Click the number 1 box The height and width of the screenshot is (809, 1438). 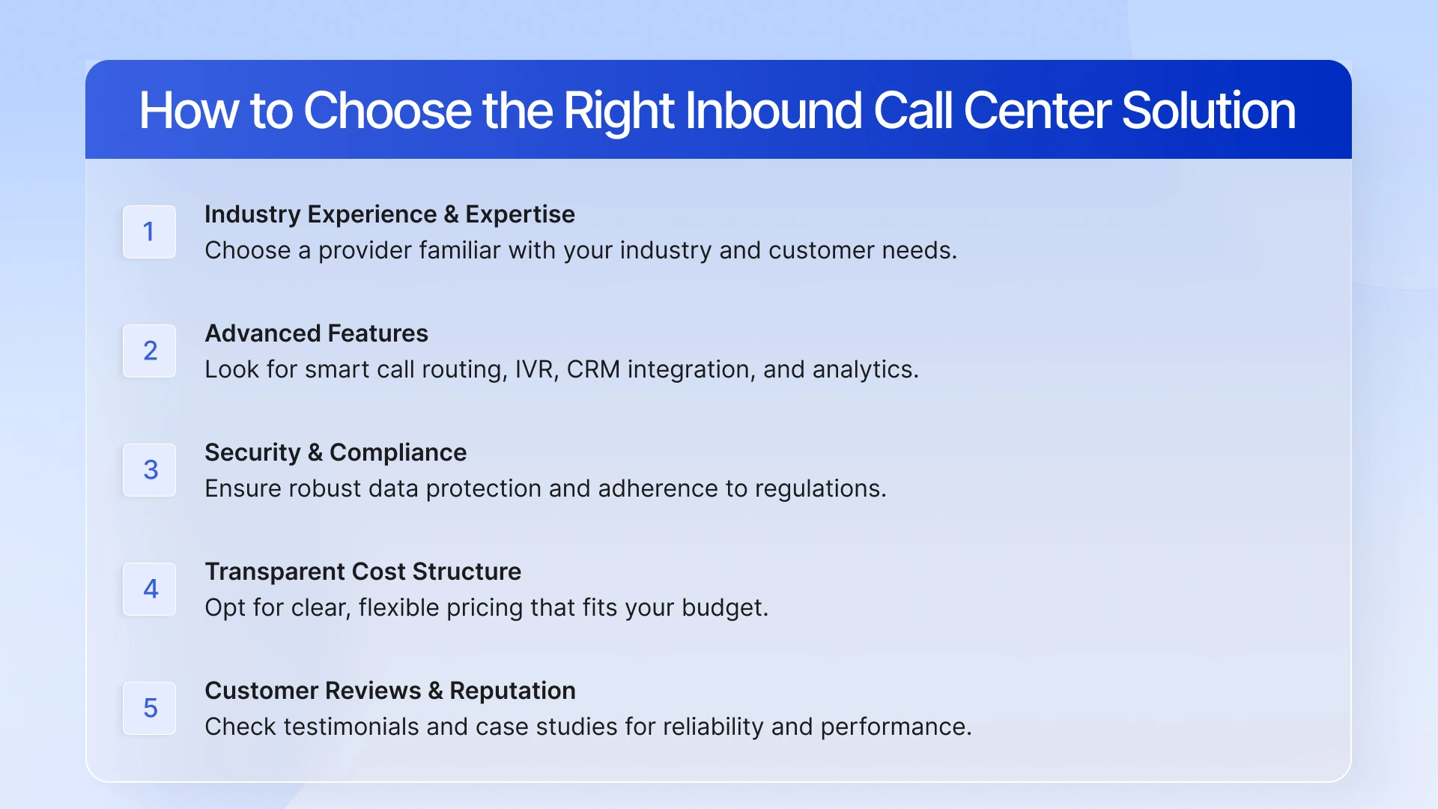(x=149, y=231)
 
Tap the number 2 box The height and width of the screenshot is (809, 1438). (x=149, y=351)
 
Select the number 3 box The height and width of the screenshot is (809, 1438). (x=149, y=470)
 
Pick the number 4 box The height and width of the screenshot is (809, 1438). (x=149, y=589)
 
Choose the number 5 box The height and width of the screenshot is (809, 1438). (x=149, y=708)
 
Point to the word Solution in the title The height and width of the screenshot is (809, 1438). (x=1208, y=111)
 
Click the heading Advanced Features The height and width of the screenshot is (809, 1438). (x=316, y=333)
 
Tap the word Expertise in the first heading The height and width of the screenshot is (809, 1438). (x=520, y=214)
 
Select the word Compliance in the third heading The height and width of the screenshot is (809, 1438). (x=398, y=452)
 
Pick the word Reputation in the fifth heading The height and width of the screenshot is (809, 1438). (x=512, y=691)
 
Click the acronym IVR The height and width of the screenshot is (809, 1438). (x=536, y=369)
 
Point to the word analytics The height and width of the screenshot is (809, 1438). (x=864, y=369)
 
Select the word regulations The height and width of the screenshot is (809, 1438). (x=819, y=489)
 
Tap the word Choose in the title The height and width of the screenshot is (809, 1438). (x=387, y=111)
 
